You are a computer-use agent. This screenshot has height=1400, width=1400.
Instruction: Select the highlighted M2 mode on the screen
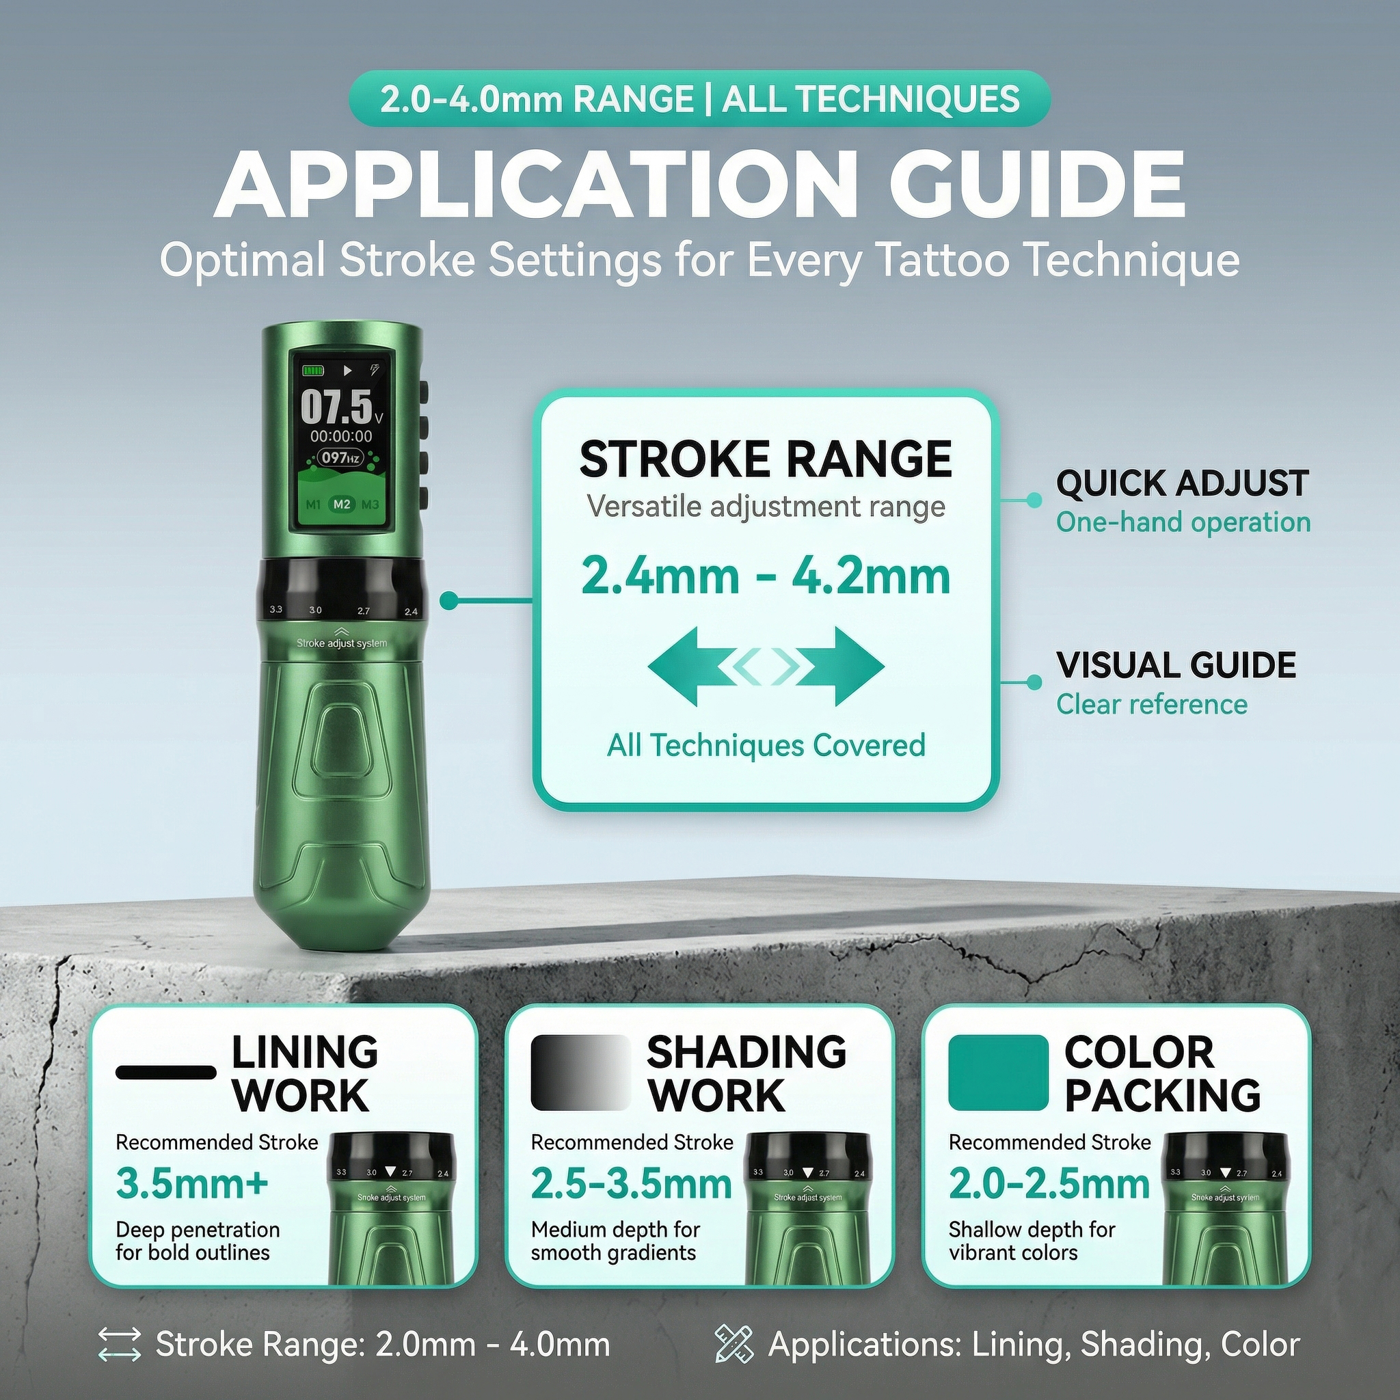tap(341, 504)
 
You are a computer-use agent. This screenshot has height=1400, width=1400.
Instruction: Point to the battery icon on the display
tap(314, 371)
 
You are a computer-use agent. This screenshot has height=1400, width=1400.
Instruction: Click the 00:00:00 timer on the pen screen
tap(341, 436)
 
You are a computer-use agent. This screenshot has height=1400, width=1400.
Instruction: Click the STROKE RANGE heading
tap(765, 459)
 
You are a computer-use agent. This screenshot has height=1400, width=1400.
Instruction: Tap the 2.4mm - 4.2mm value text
tap(765, 577)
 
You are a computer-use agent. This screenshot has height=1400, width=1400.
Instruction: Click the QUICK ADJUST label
tap(1182, 483)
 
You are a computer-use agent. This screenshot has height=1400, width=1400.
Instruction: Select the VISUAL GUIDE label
tap(1175, 665)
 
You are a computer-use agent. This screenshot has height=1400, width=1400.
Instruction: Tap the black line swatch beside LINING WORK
tap(166, 1073)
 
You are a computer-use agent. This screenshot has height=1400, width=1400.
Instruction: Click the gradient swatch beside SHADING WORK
tap(580, 1073)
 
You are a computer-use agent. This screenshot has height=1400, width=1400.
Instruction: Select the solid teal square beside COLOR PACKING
tap(998, 1073)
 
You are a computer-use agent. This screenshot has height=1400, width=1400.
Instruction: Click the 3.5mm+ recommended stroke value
tap(192, 1184)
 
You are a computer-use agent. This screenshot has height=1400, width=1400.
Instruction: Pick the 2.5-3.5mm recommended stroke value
tap(631, 1184)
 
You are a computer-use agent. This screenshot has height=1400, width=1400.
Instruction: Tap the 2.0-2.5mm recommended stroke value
tap(1049, 1184)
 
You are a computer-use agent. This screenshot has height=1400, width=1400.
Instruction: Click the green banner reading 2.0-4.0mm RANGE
tap(699, 98)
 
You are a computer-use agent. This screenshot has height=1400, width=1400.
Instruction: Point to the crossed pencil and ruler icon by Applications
tap(734, 1344)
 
